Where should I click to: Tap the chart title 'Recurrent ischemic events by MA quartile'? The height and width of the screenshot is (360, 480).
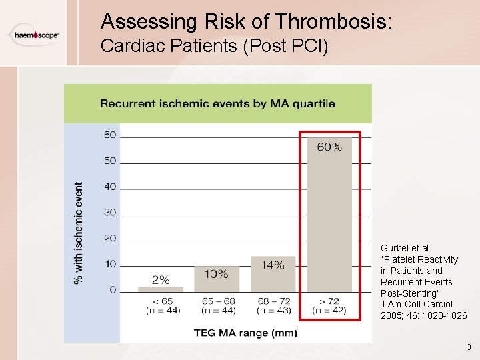pos(217,103)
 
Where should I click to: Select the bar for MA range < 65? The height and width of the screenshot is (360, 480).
pos(160,289)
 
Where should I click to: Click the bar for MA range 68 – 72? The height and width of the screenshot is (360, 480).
pos(273,273)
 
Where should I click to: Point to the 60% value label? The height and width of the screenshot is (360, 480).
pos(329,147)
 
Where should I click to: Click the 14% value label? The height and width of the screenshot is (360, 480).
pos(273,265)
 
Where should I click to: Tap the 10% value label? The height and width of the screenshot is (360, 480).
pos(216,274)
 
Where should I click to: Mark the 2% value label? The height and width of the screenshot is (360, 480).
pos(161,280)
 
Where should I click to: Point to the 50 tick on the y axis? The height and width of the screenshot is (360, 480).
pos(109,161)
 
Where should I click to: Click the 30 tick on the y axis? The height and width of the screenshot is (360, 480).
pos(109,213)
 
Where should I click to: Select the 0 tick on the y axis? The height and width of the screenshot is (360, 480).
pos(113,290)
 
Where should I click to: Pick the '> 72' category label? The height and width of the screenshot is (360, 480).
pos(329,301)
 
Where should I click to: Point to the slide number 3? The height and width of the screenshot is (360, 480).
pos(469,347)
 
